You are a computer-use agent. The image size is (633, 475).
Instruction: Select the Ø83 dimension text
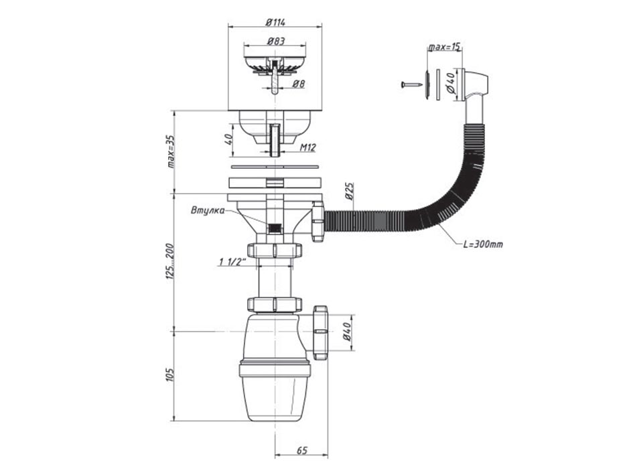pos(275,42)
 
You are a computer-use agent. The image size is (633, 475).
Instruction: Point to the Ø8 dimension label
pos(299,84)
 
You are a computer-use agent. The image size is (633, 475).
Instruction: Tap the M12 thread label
pos(308,148)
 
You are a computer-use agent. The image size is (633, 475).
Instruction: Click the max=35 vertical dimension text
pos(170,151)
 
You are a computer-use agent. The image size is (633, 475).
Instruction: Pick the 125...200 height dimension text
pos(170,261)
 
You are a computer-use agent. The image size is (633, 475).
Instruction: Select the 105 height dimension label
pos(170,376)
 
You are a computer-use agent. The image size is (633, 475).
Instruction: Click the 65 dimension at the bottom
pos(301,450)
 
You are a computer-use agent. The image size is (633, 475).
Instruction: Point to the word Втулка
pos(206,210)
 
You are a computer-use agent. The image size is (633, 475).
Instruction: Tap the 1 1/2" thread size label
pos(233,261)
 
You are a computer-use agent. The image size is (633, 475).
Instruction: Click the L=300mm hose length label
pos(483,244)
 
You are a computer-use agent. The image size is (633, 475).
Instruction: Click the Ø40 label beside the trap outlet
pos(347,333)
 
